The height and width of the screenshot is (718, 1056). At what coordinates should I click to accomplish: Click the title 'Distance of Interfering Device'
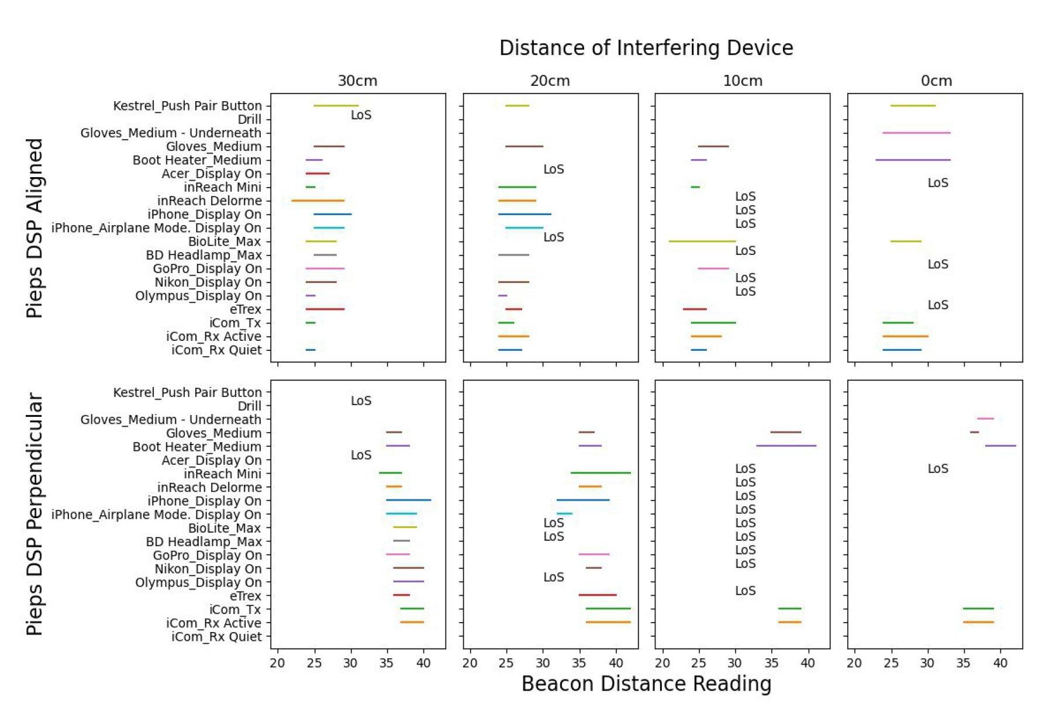point(646,48)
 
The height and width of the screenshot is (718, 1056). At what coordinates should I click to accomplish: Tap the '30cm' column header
point(357,81)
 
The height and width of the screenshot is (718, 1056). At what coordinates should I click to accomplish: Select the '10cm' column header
point(743,81)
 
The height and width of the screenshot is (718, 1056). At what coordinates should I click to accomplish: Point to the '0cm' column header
point(936,81)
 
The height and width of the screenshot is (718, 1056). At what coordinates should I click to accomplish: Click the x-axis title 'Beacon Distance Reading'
point(646,684)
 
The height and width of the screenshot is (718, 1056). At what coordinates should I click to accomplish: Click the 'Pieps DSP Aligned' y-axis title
point(35,228)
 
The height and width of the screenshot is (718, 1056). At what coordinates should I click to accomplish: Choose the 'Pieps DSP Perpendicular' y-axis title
point(35,515)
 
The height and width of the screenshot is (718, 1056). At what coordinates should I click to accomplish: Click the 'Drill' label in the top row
point(250,119)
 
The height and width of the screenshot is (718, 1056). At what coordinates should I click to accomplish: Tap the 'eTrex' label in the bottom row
point(246,596)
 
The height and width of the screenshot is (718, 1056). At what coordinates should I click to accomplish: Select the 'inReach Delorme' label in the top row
point(209,201)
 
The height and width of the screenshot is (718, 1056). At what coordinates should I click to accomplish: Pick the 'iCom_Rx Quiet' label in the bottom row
point(216,637)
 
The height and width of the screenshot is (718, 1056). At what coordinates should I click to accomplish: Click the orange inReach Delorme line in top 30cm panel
point(318,201)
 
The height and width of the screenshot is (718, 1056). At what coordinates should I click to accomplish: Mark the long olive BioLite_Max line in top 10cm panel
point(702,241)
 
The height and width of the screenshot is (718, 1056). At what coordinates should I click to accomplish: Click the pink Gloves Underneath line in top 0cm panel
point(916,133)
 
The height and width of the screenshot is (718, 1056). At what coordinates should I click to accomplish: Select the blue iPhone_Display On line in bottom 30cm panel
point(408,500)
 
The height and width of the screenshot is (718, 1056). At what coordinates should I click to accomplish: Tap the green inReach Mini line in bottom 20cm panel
point(601,472)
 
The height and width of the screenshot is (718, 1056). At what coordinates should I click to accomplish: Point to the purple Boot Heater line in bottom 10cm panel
point(786,446)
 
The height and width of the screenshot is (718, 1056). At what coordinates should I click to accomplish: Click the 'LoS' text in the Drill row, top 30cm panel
point(361,115)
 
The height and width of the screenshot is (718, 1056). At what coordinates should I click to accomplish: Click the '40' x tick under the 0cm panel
point(1000,663)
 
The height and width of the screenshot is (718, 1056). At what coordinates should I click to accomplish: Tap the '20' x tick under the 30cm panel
point(277,663)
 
